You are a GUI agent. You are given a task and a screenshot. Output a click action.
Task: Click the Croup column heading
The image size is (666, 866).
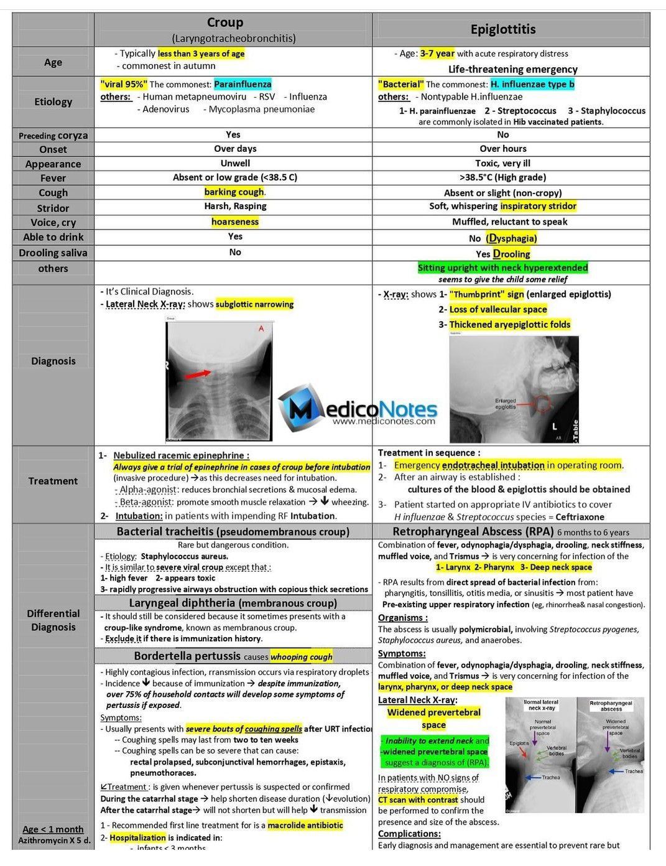[224, 23]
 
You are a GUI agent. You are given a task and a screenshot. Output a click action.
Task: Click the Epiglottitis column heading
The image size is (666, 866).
[502, 29]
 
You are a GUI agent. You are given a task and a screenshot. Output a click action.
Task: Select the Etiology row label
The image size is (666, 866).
[53, 101]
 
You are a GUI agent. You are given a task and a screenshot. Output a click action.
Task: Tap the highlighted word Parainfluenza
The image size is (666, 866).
[243, 84]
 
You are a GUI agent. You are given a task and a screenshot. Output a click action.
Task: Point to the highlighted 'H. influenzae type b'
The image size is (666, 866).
[532, 84]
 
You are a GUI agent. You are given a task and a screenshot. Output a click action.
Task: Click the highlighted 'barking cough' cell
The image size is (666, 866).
[234, 192]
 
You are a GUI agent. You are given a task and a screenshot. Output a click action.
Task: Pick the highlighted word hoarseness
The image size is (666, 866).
[234, 221]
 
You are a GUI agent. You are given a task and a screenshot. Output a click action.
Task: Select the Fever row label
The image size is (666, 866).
[53, 178]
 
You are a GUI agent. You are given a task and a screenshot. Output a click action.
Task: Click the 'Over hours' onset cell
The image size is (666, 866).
[502, 149]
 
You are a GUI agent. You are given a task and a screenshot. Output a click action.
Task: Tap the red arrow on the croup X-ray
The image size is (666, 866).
[198, 374]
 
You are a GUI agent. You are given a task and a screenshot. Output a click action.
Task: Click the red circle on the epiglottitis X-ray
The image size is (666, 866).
[543, 404]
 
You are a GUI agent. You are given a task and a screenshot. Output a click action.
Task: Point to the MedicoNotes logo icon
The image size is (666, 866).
[303, 407]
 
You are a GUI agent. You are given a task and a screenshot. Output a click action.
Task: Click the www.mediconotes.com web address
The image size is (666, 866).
[384, 421]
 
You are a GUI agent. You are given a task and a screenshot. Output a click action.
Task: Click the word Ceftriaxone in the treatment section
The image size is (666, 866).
[580, 516]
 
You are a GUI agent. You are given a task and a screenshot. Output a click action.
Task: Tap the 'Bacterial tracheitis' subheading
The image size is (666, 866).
[233, 532]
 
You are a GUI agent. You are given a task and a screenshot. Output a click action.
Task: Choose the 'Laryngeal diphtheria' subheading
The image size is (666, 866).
[233, 603]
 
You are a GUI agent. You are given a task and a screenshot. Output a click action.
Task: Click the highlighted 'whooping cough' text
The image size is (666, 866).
[301, 656]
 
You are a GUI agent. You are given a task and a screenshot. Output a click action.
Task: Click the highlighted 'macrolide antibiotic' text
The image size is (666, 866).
[305, 825]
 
